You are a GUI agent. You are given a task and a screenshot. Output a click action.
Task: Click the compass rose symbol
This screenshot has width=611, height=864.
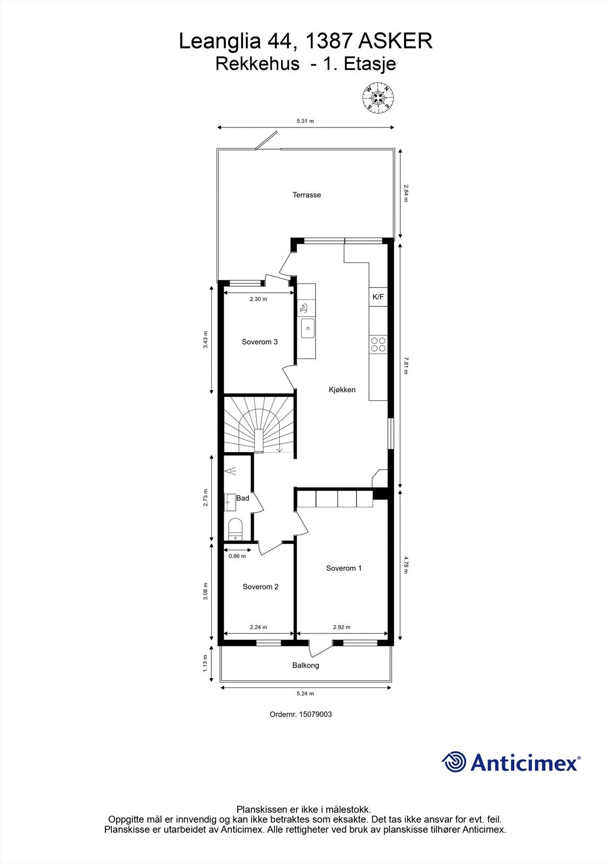pyautogui.click(x=378, y=97)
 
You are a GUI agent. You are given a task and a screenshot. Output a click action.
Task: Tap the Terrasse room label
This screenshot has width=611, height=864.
pyautogui.click(x=307, y=195)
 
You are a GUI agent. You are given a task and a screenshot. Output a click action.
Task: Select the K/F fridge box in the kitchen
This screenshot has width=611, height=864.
pyautogui.click(x=378, y=296)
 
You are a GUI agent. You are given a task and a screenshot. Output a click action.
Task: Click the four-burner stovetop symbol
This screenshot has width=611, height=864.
pyautogui.click(x=378, y=344)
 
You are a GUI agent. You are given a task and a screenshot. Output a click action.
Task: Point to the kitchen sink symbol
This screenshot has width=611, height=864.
pyautogui.click(x=307, y=328)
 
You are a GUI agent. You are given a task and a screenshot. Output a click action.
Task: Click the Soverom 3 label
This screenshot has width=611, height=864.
pyautogui.click(x=260, y=342)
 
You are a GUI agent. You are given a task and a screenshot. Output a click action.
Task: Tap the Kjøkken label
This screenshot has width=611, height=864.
pyautogui.click(x=342, y=389)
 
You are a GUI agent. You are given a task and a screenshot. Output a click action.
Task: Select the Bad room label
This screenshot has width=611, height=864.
pyautogui.click(x=243, y=498)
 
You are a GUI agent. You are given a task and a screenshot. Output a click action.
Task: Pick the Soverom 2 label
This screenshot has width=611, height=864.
pyautogui.click(x=260, y=586)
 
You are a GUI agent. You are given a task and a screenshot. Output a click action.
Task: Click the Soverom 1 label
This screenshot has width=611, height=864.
pyautogui.click(x=344, y=568)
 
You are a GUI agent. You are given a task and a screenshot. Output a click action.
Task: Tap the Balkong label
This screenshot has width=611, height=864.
pyautogui.click(x=306, y=665)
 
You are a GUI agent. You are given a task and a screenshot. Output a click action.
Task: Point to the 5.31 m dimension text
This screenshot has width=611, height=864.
pyautogui.click(x=305, y=122)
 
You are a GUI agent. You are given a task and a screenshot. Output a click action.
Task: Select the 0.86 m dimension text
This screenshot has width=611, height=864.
pyautogui.click(x=237, y=556)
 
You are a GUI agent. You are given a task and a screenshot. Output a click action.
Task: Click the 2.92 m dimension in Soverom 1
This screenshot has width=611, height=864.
pyautogui.click(x=341, y=627)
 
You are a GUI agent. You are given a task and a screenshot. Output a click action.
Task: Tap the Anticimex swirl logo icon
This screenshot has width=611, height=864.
pyautogui.click(x=454, y=762)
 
